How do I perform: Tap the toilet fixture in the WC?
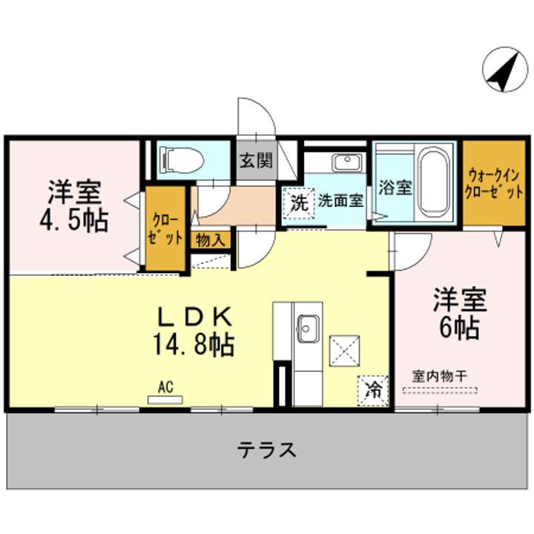[181, 157]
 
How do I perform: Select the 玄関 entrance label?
[255, 161]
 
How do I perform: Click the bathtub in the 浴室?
[434, 182]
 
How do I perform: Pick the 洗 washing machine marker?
[298, 202]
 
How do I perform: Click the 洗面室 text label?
[341, 200]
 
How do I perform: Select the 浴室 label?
[395, 187]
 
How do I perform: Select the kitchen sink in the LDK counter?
[308, 326]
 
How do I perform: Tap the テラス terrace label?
[267, 449]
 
